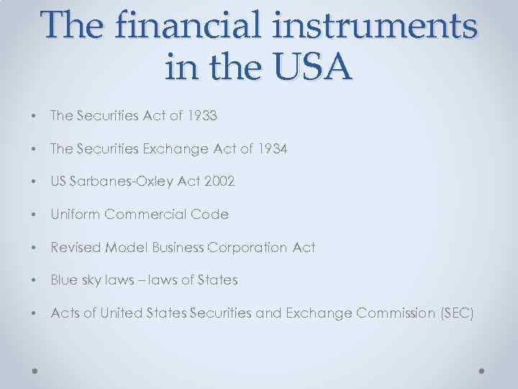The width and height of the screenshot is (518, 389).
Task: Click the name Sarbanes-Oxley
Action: coord(120,182)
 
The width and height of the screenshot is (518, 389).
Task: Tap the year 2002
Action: coord(219,182)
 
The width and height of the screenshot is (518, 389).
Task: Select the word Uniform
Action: coord(75,214)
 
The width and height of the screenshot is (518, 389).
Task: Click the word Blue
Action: coord(63,280)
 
